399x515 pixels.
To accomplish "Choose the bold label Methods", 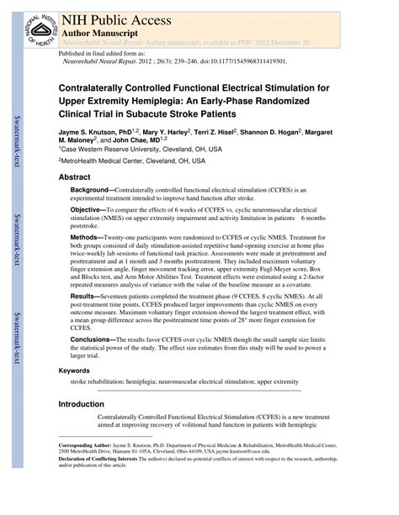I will [x=86, y=237].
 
